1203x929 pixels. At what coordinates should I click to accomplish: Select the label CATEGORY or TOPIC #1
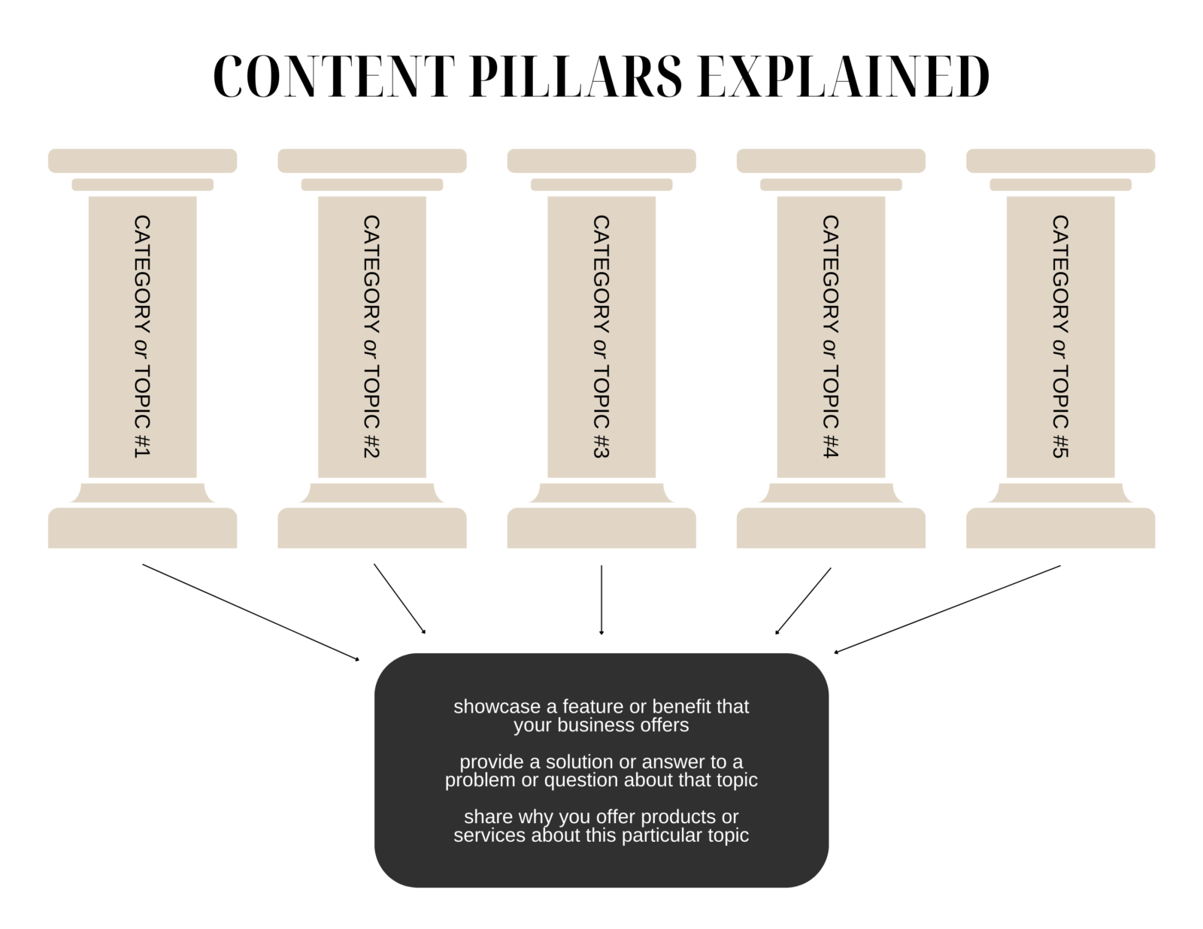click(142, 337)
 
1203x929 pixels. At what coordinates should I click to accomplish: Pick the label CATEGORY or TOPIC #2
click(371, 337)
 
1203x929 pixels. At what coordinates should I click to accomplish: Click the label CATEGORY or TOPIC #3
click(601, 337)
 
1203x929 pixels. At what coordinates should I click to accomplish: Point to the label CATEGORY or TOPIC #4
click(830, 337)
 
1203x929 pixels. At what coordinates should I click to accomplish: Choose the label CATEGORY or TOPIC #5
click(1060, 337)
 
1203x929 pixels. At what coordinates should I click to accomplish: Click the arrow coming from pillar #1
click(250, 612)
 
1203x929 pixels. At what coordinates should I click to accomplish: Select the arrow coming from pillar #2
click(399, 599)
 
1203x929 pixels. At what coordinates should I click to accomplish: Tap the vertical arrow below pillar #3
click(601, 600)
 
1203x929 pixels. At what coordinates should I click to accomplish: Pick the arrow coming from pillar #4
click(803, 601)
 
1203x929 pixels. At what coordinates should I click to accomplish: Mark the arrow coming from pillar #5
click(947, 609)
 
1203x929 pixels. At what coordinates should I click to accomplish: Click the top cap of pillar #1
click(142, 161)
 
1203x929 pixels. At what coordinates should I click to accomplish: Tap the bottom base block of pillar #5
click(1060, 528)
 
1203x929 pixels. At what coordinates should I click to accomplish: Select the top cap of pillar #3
click(601, 161)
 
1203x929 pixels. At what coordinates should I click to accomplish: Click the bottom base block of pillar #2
click(371, 528)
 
